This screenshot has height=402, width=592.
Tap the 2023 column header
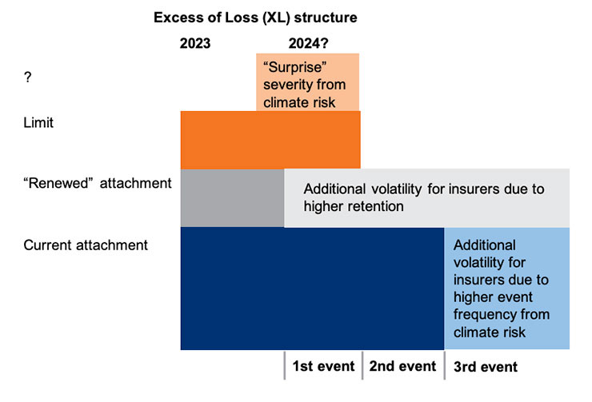pyautogui.click(x=195, y=44)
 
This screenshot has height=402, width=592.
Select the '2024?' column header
pyautogui.click(x=309, y=44)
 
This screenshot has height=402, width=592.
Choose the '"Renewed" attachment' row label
pyautogui.click(x=98, y=183)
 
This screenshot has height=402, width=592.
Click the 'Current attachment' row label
pyautogui.click(x=86, y=245)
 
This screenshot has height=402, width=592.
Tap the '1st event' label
pyautogui.click(x=322, y=367)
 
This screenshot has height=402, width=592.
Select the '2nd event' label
pyautogui.click(x=402, y=367)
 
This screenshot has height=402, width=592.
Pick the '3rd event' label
pyautogui.click(x=485, y=368)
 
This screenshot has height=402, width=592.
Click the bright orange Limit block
pyautogui.click(x=270, y=139)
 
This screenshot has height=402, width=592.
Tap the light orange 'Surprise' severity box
pyautogui.click(x=308, y=82)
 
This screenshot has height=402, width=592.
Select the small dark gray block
pyautogui.click(x=232, y=197)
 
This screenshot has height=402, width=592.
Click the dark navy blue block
pyautogui.click(x=312, y=288)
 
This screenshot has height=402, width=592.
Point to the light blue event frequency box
pyautogui.click(x=507, y=288)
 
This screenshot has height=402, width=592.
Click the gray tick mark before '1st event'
pyautogui.click(x=285, y=366)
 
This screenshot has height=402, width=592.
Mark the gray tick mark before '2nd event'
pyautogui.click(x=363, y=366)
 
